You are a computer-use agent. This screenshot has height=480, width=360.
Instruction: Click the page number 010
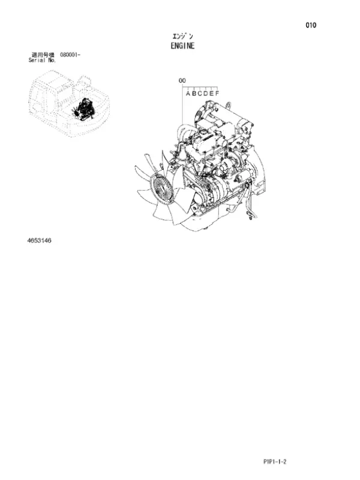[311, 25]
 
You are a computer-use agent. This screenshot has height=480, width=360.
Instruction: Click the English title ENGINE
[182, 46]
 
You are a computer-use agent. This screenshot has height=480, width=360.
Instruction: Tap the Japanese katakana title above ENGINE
[182, 37]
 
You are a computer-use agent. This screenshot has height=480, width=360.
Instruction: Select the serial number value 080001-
[70, 55]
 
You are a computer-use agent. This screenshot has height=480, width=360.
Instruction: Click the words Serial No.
[42, 61]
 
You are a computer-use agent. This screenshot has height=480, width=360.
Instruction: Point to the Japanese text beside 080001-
[43, 55]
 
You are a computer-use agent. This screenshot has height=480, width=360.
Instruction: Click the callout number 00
[182, 80]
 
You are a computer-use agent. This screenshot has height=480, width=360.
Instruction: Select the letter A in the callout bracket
[188, 94]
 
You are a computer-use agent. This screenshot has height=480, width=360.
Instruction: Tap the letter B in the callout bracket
[194, 94]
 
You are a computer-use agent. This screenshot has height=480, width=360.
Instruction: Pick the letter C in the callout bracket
[200, 94]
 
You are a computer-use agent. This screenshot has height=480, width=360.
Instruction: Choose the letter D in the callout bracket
[205, 94]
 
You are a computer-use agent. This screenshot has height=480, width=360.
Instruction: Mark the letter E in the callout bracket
[211, 94]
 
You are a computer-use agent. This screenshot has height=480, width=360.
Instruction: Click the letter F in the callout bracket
[217, 94]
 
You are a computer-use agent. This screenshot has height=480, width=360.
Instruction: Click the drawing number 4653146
[39, 241]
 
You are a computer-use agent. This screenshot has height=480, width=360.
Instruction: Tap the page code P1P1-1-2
[275, 461]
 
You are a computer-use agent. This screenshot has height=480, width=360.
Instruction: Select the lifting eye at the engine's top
[229, 105]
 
